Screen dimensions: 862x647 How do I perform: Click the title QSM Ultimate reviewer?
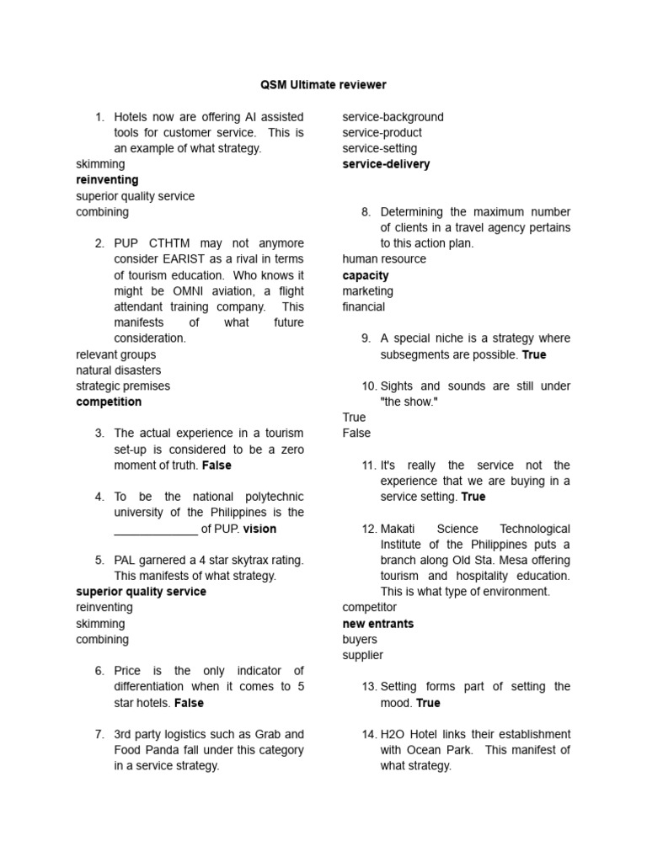tap(323, 85)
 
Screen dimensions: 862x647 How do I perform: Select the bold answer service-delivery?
tap(386, 164)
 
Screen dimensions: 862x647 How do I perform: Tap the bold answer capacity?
tap(366, 275)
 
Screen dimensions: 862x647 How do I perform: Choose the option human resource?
tap(384, 259)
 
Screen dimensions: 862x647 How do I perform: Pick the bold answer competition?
tap(109, 402)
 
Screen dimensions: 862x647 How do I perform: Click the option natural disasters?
tap(119, 370)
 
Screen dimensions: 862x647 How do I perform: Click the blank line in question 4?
tap(156, 530)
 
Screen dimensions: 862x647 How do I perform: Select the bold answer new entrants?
tap(378, 624)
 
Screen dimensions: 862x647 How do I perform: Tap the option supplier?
tap(363, 655)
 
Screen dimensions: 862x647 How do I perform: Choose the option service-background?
tap(393, 117)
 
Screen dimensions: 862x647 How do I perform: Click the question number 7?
tap(99, 734)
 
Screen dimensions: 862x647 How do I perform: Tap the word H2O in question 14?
tap(393, 734)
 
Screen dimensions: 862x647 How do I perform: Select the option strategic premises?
tap(123, 386)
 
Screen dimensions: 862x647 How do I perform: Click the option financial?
tap(364, 307)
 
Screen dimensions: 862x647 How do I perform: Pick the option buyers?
tap(360, 640)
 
